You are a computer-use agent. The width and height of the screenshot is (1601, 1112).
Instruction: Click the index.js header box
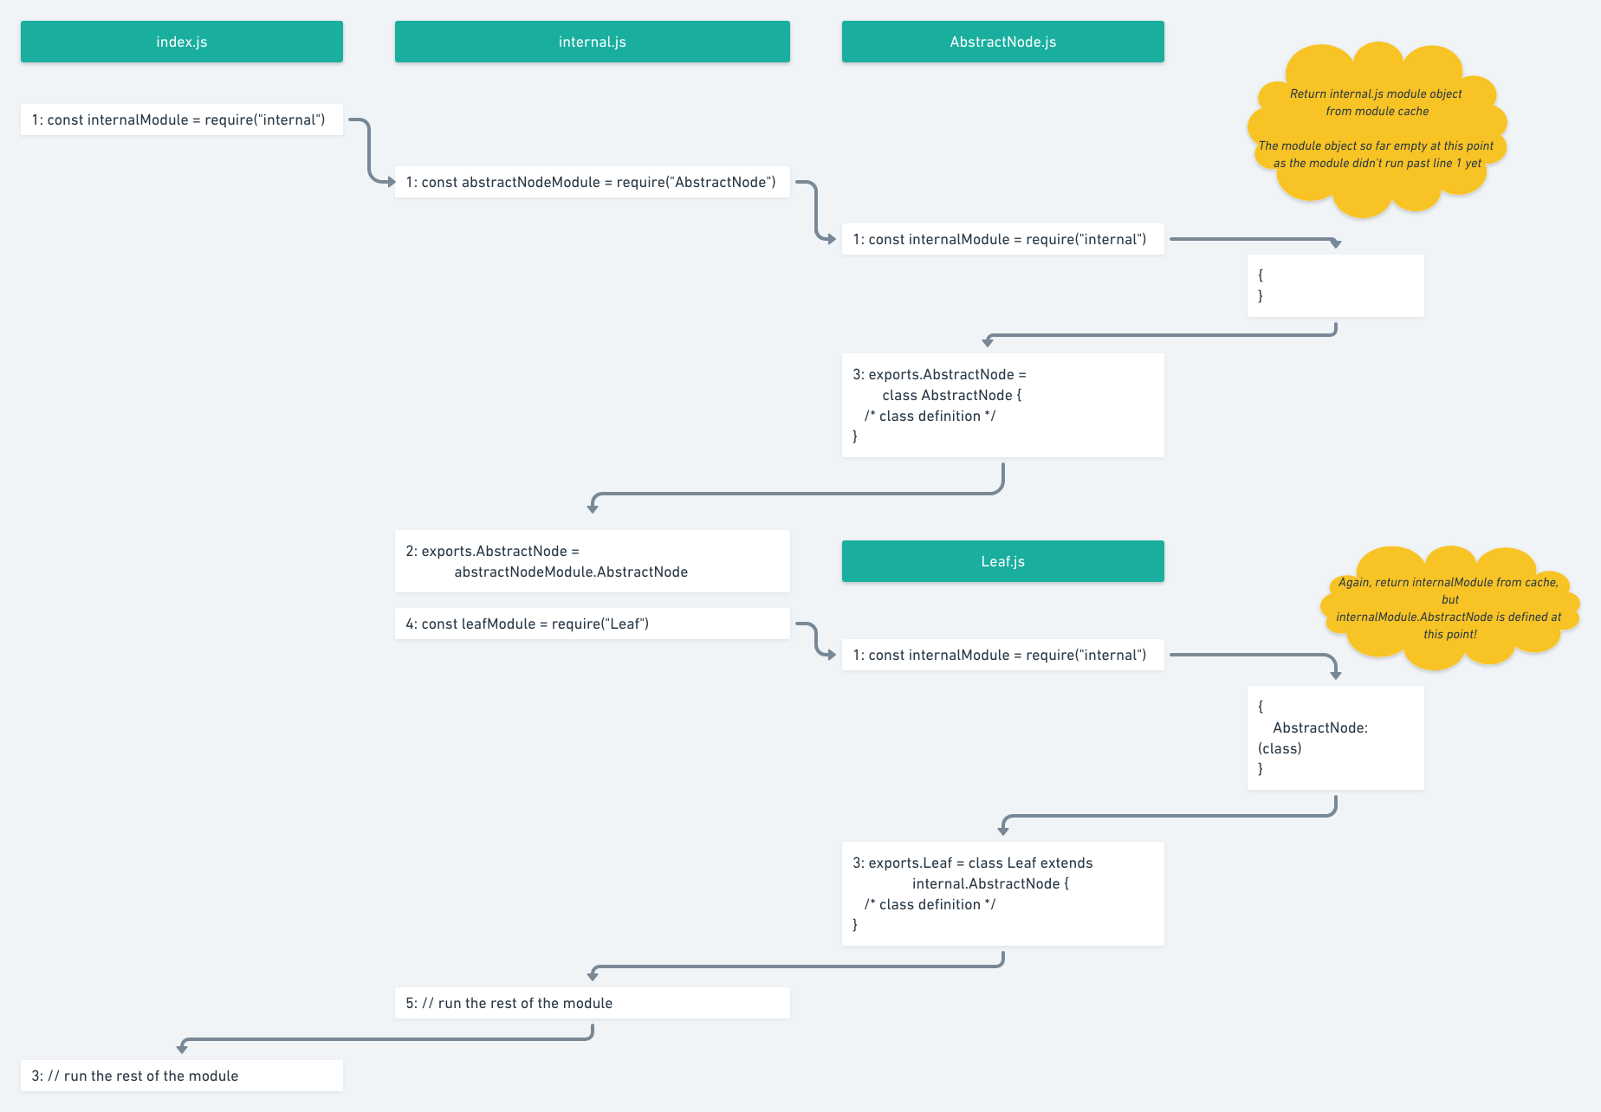click(x=181, y=42)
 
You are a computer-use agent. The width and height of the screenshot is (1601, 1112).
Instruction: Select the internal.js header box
click(x=592, y=42)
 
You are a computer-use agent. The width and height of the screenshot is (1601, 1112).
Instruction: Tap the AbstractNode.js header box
click(x=1002, y=42)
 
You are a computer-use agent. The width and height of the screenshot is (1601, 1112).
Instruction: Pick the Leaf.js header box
click(x=1002, y=561)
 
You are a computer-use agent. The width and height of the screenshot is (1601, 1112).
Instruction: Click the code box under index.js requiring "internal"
click(x=181, y=120)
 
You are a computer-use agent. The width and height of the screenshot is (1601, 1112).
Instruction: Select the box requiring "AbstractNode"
click(x=592, y=182)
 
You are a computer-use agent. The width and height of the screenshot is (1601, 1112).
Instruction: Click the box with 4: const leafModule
click(x=592, y=624)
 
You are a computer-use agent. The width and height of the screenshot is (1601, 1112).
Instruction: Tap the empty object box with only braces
click(x=1335, y=286)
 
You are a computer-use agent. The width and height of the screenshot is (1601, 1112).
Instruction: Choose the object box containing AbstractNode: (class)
click(x=1335, y=737)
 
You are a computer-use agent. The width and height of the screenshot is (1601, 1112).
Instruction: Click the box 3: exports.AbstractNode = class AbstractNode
click(x=1002, y=405)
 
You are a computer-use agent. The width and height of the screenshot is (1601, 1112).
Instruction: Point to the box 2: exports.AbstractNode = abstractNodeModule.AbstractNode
click(x=592, y=561)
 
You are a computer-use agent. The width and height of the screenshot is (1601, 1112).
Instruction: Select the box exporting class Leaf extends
click(x=1002, y=893)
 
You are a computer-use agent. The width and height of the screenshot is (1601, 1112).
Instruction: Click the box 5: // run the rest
click(x=592, y=1003)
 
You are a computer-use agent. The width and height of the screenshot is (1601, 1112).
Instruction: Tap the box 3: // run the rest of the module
click(x=181, y=1076)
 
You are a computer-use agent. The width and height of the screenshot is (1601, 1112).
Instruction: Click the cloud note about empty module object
click(x=1377, y=128)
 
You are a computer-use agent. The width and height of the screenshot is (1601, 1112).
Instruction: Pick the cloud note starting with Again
click(x=1449, y=608)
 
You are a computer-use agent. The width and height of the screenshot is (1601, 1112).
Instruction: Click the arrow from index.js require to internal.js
click(x=370, y=152)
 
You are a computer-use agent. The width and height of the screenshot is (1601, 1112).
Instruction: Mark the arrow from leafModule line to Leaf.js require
click(x=816, y=639)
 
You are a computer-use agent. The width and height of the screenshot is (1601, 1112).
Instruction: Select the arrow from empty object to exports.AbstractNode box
click(x=1161, y=334)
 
